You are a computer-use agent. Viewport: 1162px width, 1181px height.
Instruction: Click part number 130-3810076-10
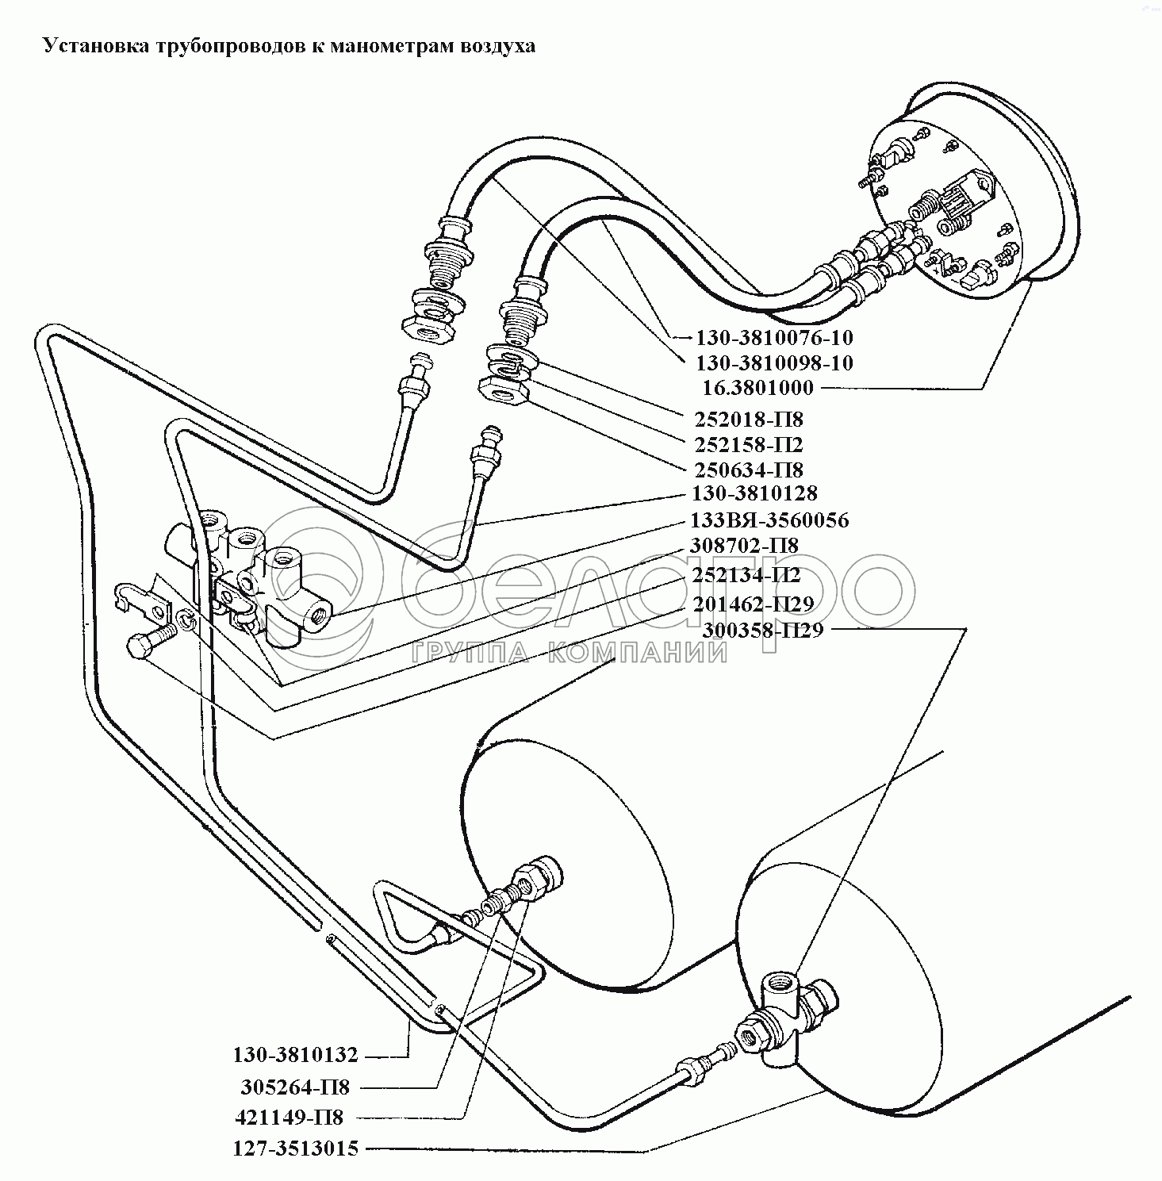coord(774,338)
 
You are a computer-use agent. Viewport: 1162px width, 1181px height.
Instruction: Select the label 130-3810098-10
coord(774,363)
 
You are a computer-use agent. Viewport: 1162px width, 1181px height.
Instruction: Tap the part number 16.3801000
coord(757,389)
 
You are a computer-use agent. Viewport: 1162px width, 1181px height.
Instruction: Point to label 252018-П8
coord(749,419)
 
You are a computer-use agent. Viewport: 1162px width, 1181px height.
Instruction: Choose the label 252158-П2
coord(749,444)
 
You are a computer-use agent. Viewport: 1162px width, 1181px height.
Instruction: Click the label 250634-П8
coord(749,470)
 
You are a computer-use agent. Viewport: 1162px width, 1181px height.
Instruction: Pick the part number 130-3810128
coord(754,493)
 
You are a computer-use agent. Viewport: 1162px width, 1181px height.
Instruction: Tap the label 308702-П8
coord(745,546)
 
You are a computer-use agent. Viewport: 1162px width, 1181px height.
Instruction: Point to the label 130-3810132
coord(296,1056)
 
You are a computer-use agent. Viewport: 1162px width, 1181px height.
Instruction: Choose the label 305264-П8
coord(295,1087)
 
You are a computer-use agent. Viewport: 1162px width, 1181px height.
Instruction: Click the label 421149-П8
coord(290,1118)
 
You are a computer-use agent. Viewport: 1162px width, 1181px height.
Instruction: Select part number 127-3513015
coord(296,1148)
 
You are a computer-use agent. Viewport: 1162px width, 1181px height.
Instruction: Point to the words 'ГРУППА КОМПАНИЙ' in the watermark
coord(568,653)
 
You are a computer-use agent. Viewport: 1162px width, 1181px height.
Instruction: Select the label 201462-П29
coord(753,604)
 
